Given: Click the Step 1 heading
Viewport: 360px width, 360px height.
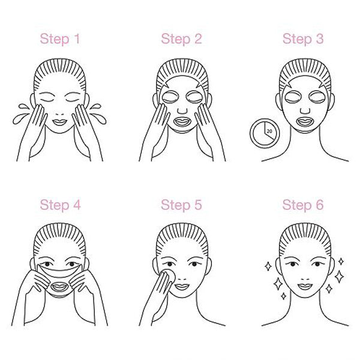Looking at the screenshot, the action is coord(60,39).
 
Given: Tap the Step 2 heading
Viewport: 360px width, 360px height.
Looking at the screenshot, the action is coord(181,39).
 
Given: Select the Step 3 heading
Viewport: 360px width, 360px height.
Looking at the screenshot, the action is coord(303,39).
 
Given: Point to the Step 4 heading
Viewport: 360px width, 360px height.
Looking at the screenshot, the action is coord(60,205).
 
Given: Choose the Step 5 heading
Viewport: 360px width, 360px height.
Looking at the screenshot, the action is coord(181,205).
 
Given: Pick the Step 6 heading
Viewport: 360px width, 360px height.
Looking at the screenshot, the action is coord(303,205).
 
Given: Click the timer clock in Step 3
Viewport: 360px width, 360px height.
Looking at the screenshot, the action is coord(265,133).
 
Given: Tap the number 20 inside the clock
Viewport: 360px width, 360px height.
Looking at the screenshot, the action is coord(269,131).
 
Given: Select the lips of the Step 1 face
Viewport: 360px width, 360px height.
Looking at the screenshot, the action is coord(59,122).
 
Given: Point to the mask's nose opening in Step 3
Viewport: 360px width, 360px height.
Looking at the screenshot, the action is coord(305,111).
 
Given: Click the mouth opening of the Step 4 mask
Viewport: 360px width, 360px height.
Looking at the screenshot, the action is coord(59,287).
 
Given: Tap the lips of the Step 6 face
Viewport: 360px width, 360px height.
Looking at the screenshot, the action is coord(305,287).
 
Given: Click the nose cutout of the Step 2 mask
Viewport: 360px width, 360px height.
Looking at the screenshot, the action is coord(182,110).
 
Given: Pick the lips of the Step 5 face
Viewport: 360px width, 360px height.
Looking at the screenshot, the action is coord(182,287).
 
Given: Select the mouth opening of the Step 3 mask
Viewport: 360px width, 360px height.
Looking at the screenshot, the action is coord(305,122).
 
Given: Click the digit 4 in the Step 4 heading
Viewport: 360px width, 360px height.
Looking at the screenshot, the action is coord(76,205).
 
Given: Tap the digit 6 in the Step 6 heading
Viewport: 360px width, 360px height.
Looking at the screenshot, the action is coord(319,205).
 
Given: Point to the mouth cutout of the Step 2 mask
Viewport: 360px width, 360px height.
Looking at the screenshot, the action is coord(182,122).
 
